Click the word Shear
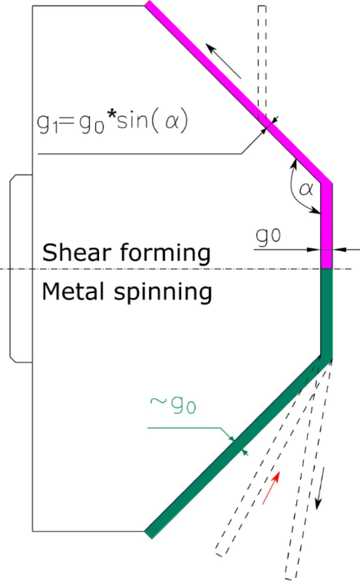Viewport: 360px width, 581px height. pyautogui.click(x=77, y=253)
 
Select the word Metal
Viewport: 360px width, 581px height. pyautogui.click(x=73, y=291)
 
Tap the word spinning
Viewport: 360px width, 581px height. pyautogui.click(x=163, y=293)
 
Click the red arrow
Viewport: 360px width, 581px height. pyautogui.click(x=271, y=487)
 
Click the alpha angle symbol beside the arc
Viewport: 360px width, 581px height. pyautogui.click(x=306, y=189)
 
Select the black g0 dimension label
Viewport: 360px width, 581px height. pyautogui.click(x=268, y=236)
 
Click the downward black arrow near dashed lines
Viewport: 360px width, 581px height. pyautogui.click(x=320, y=488)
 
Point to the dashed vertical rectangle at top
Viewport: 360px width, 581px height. pyautogui.click(x=262, y=62)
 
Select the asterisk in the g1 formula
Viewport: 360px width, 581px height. pyautogui.click(x=111, y=115)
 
